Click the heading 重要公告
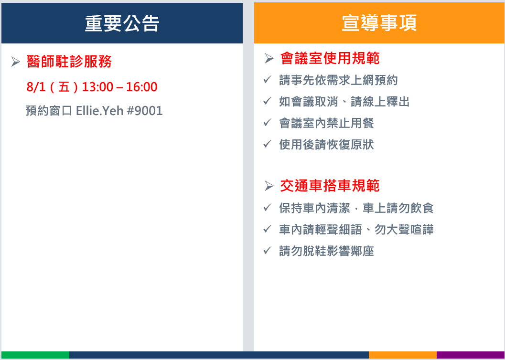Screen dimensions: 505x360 pyautogui.click(x=122, y=23)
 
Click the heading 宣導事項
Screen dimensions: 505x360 pyautogui.click(x=379, y=23)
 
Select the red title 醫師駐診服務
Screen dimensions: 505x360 pyautogui.click(x=69, y=62)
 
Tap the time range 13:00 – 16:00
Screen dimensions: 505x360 pyautogui.click(x=120, y=87)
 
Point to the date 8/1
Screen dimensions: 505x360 pyautogui.click(x=36, y=87)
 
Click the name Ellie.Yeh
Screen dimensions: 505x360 pyautogui.click(x=100, y=111)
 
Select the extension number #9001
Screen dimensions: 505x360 pyautogui.click(x=145, y=111)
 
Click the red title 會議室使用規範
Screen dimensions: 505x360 pyautogui.click(x=330, y=58)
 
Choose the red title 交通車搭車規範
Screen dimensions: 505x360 pyautogui.click(x=330, y=186)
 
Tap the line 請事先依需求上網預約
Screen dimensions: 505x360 pyautogui.click(x=338, y=80)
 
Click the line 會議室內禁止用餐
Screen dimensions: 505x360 pyautogui.click(x=327, y=123)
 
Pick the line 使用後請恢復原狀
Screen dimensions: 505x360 pyautogui.click(x=327, y=145)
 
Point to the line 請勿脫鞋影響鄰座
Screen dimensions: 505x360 pyautogui.click(x=327, y=251)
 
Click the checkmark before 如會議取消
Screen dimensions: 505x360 pyautogui.click(x=268, y=101)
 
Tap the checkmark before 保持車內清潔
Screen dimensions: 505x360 pyautogui.click(x=268, y=208)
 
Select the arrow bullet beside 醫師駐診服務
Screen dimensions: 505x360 pyautogui.click(x=15, y=62)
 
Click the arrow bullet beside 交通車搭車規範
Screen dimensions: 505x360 pyautogui.click(x=269, y=186)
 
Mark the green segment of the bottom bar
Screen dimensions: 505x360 pyautogui.click(x=35, y=355)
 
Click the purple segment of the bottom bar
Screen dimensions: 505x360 pyautogui.click(x=471, y=355)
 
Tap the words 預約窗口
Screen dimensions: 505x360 pyautogui.click(x=49, y=111)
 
